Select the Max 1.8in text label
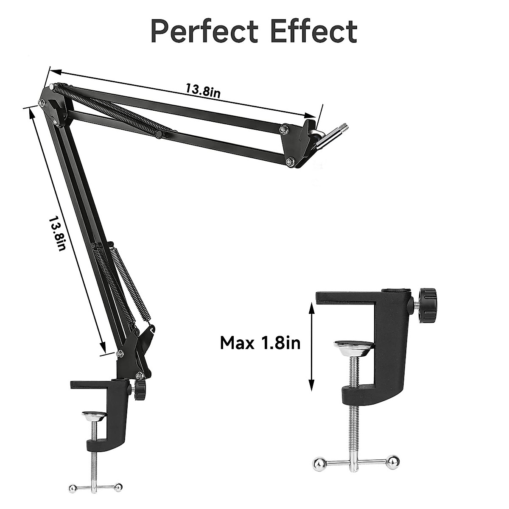(x=260, y=342)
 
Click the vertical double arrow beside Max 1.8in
(x=312, y=348)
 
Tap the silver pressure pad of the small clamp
(x=94, y=416)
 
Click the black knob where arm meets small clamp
(x=140, y=389)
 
